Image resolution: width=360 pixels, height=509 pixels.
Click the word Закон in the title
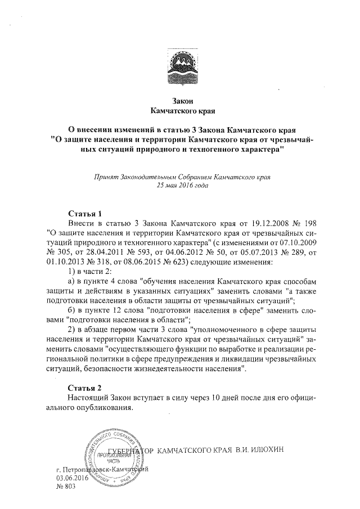[x=181, y=101]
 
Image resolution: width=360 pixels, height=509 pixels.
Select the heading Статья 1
[x=84, y=214]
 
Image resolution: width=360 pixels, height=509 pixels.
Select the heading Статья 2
[x=84, y=388]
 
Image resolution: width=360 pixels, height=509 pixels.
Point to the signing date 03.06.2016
[x=73, y=477]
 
